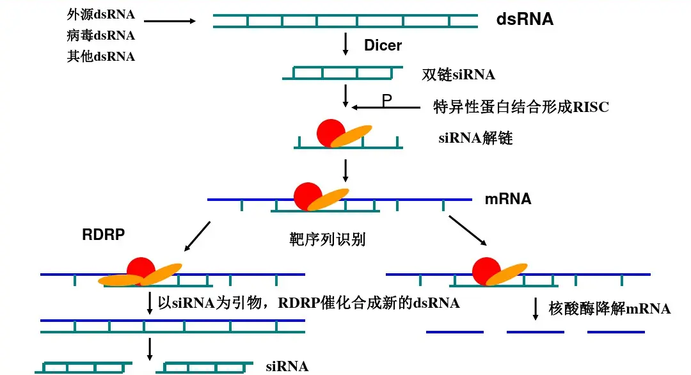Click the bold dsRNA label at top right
pos(525,20)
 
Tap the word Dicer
pos(383,45)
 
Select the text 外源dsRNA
pos(101,14)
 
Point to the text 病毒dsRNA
pos(101,35)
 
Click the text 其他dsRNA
pos(101,56)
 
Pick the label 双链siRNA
pos(459,74)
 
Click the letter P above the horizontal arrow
pos(386,100)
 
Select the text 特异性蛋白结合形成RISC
pos(521,107)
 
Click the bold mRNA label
pos(508,199)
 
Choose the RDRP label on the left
pos(103,235)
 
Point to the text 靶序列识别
pos(328,240)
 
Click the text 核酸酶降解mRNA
pos(610,309)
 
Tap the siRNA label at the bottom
pos(287,367)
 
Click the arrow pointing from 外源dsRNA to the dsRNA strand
pos(170,21)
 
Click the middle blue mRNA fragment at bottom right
pos(535,332)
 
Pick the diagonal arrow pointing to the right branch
pos(467,230)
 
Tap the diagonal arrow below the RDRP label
pos(197,236)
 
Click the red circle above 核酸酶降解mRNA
pos(486,269)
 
